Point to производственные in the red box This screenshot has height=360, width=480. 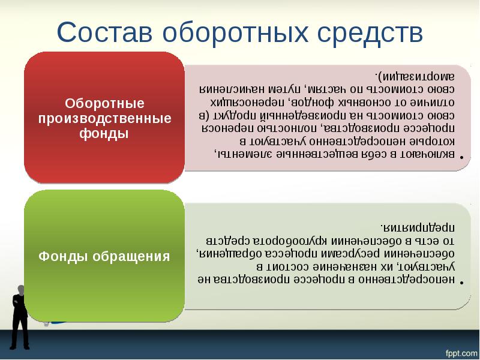point(104,118)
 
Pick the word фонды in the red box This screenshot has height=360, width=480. point(104,133)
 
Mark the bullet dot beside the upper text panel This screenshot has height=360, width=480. point(463,158)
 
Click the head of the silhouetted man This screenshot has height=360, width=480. point(20,290)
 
